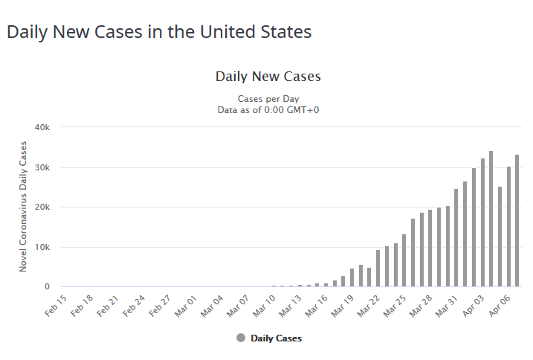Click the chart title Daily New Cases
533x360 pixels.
coord(268,77)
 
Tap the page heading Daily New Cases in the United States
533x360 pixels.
coord(158,33)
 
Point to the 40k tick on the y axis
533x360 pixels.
coord(42,127)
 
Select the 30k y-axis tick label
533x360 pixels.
coord(42,167)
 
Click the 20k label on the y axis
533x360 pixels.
coord(42,207)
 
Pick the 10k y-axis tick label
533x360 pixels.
coord(42,247)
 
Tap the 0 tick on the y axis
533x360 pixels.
coord(46,287)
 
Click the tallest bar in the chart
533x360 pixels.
coord(491,219)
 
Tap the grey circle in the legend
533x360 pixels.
coord(240,338)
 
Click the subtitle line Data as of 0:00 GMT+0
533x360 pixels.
coord(268,110)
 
